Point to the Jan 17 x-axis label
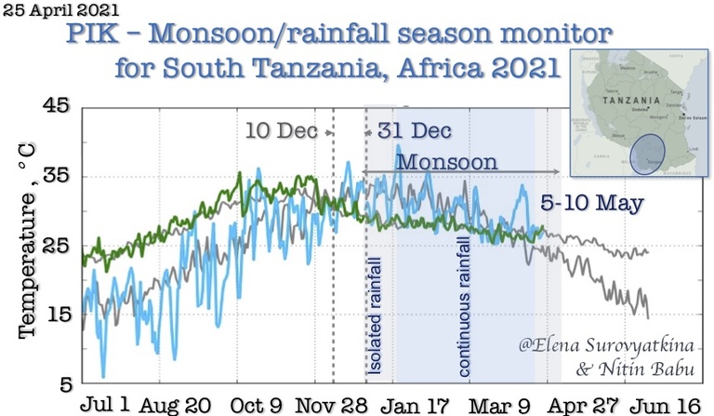coord(416,405)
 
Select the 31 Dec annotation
coord(415,131)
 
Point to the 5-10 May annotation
coord(591,202)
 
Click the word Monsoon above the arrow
coord(446,160)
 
